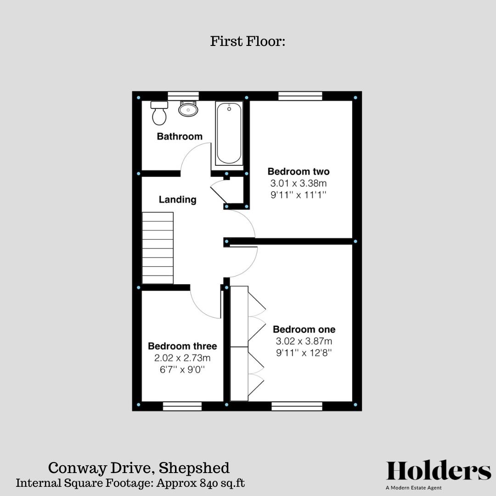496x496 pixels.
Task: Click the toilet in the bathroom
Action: click(159, 113)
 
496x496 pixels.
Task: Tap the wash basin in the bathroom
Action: click(188, 109)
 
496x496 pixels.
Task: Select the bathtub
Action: click(229, 134)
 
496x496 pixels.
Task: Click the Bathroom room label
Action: click(180, 136)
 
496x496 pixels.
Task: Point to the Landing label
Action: click(177, 199)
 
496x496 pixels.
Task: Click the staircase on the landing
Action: click(158, 248)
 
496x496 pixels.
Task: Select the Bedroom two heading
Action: click(299, 172)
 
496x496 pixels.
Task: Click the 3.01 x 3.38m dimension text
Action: click(299, 184)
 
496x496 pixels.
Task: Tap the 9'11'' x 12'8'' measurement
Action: click(304, 353)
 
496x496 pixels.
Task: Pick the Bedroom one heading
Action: click(304, 329)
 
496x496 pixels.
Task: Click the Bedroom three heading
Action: click(182, 346)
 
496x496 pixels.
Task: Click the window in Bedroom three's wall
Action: click(182, 406)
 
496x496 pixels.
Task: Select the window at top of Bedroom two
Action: click(300, 96)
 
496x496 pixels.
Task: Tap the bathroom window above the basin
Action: click(183, 96)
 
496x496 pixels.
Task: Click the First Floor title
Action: click(248, 41)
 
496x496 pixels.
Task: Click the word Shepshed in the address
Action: click(194, 468)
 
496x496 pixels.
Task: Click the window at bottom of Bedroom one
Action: click(297, 406)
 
